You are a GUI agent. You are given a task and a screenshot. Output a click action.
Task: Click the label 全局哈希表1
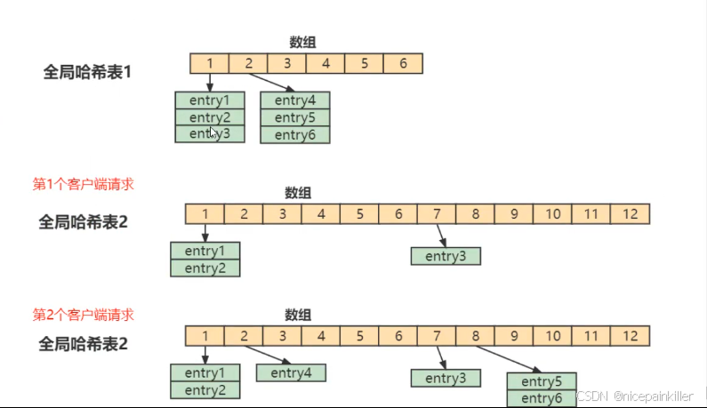click(87, 71)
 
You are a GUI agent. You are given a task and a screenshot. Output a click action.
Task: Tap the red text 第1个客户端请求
click(89, 184)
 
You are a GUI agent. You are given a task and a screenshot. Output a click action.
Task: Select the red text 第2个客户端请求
click(89, 315)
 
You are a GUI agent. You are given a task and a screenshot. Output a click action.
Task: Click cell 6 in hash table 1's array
click(403, 63)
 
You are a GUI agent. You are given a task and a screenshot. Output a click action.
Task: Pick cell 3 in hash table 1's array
click(287, 63)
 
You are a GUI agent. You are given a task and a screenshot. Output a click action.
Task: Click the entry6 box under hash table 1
click(294, 135)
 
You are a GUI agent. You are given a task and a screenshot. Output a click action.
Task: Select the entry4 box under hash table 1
click(294, 100)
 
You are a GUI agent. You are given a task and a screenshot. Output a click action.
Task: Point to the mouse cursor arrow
click(213, 132)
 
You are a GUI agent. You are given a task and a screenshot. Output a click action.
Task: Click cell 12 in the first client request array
click(631, 213)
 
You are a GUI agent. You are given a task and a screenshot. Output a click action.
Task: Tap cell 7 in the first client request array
click(437, 213)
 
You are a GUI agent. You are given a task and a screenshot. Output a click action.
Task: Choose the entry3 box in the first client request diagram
click(446, 256)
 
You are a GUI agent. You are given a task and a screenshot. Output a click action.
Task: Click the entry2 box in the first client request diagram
click(205, 268)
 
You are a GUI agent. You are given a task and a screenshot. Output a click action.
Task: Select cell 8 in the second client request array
click(476, 336)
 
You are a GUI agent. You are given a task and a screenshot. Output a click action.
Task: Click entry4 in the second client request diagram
click(291, 372)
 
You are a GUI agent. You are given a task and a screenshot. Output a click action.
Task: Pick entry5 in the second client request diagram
click(542, 382)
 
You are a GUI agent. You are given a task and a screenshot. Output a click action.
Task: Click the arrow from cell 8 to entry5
click(508, 358)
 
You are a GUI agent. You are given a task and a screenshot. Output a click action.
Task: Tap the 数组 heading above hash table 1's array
click(302, 42)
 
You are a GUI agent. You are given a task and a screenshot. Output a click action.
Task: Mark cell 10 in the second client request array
click(553, 336)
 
